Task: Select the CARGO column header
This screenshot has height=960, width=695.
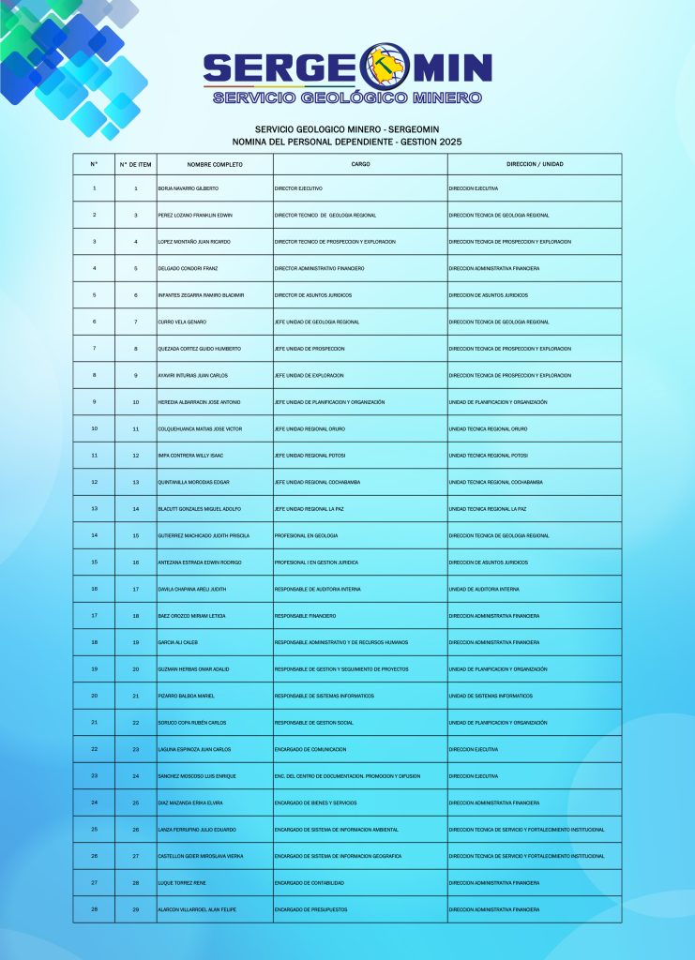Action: (x=360, y=164)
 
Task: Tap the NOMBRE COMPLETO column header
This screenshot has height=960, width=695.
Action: (x=215, y=164)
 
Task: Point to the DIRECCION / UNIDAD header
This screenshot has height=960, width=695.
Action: (x=535, y=164)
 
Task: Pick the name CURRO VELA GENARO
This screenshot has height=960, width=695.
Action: (x=182, y=322)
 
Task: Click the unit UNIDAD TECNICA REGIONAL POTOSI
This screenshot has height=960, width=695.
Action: (x=489, y=456)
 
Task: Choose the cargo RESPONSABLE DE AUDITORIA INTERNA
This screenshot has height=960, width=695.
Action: (x=317, y=589)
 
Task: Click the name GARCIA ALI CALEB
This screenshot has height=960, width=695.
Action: (x=178, y=642)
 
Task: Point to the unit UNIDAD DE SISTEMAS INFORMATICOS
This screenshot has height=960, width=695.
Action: (x=491, y=696)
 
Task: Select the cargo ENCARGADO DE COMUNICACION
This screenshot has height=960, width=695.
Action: (x=310, y=749)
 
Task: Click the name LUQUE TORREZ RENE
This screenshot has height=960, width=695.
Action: (x=181, y=883)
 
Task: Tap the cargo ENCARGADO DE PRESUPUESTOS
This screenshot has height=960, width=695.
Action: (x=310, y=909)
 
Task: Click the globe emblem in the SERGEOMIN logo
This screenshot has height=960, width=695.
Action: (x=385, y=67)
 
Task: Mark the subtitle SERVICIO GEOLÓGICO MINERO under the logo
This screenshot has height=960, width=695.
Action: (x=347, y=97)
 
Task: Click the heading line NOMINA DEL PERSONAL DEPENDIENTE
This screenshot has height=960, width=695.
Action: (x=347, y=142)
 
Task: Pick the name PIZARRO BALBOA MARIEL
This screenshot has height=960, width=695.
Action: (x=187, y=696)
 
